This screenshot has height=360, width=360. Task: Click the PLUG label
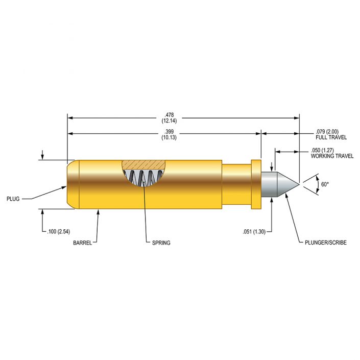pyautogui.click(x=13, y=199)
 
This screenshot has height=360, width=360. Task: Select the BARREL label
pyautogui.click(x=82, y=243)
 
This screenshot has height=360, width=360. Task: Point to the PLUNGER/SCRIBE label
pyautogui.click(x=322, y=243)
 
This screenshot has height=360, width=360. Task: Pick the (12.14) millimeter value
pyautogui.click(x=169, y=121)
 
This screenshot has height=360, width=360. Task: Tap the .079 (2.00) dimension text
pyautogui.click(x=328, y=131)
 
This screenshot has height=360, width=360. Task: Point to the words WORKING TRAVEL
pyautogui.click(x=332, y=156)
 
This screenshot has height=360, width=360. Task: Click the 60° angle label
pyautogui.click(x=325, y=184)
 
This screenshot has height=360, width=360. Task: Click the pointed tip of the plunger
pyautogui.click(x=298, y=184)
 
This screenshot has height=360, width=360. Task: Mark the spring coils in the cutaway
pyautogui.click(x=145, y=179)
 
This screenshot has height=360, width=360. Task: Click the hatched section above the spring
pyautogui.click(x=145, y=164)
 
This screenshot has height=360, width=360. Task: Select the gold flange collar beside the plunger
pyautogui.click(x=256, y=184)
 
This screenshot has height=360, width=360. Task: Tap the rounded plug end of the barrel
pyautogui.click(x=73, y=184)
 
